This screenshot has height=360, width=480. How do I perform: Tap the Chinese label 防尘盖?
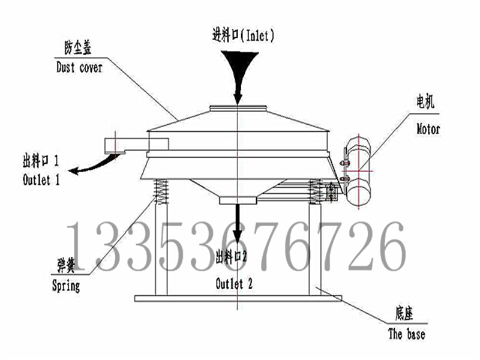click(78, 47)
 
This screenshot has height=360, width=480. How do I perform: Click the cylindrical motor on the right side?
click(358, 173)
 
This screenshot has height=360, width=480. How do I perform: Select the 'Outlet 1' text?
click(41, 179)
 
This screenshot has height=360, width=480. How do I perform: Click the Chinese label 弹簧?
click(65, 265)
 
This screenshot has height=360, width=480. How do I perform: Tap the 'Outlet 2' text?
click(234, 284)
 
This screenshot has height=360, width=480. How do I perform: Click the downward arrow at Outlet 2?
click(239, 225)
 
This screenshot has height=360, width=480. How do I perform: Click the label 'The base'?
click(407, 334)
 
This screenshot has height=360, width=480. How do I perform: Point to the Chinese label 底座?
click(403, 313)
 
